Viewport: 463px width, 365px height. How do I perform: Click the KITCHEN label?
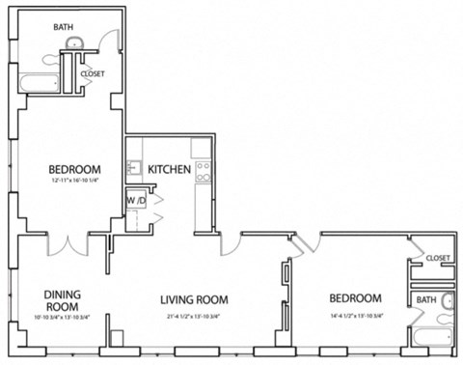169,170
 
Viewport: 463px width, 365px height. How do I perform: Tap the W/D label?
135,201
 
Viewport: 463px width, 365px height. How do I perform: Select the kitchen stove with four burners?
204,172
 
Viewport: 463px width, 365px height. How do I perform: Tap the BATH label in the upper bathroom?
63,28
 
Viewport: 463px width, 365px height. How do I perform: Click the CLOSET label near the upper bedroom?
93,73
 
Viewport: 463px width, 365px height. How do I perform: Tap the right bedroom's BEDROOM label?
355,297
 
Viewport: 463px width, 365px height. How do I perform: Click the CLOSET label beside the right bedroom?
437,258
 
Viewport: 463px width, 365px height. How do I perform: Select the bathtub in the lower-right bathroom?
430,339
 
